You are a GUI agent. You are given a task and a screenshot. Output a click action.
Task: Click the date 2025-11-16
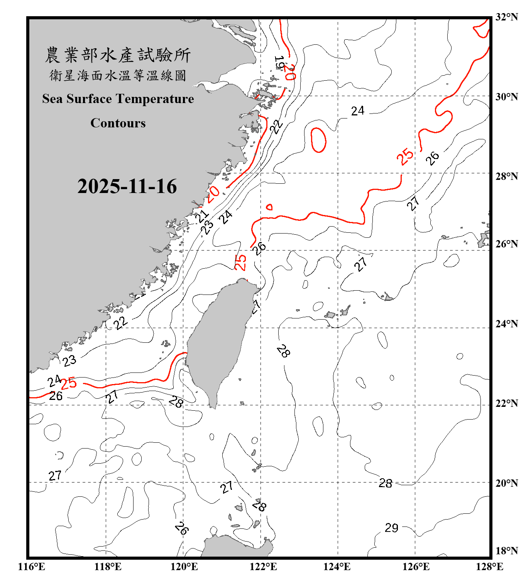coord(127,186)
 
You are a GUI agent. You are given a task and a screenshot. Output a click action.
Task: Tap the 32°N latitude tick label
coord(506,17)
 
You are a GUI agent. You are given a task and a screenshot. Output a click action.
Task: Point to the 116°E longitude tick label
coord(31,567)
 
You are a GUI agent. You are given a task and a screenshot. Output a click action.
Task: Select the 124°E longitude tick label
coord(337,567)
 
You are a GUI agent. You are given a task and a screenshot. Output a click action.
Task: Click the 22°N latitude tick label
coord(506,403)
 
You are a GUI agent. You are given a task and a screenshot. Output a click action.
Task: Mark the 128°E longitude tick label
coord(489,567)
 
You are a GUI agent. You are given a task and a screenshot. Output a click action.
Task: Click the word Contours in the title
coord(118,123)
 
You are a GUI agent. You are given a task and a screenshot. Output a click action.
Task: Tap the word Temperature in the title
coord(154,99)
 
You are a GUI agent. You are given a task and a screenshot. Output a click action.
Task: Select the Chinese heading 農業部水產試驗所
coord(118,55)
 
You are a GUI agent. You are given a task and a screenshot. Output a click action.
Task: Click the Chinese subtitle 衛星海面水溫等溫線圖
coord(118,75)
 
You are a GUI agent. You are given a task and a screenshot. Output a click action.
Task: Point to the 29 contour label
coord(391,528)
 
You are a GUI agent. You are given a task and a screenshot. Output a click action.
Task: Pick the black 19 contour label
coord(279,63)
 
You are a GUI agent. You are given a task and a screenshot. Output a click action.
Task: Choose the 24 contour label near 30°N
coord(357,111)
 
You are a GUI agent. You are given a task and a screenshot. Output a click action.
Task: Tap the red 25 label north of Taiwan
coord(240,262)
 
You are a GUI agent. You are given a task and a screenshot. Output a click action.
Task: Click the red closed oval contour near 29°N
coord(318,140)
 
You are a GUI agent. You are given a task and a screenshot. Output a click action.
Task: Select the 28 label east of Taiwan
coord(283,351)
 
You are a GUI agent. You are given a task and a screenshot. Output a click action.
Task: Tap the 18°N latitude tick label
coord(506,551)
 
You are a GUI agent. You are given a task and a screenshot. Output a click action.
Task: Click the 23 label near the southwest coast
coord(69,361)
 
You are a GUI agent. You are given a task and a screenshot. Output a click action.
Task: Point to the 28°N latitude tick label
coord(506,176)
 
